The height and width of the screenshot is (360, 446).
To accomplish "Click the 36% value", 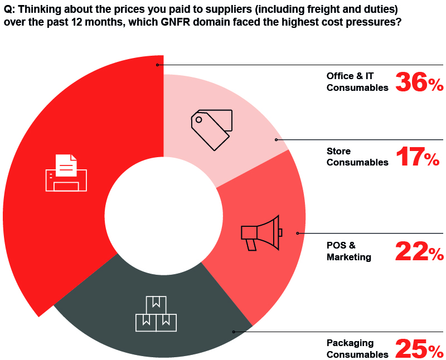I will [x=419, y=82].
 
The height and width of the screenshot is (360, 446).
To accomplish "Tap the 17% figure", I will [x=418, y=157].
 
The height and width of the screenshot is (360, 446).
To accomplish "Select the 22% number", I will [x=419, y=251].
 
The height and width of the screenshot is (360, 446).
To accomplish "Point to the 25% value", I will [x=419, y=348].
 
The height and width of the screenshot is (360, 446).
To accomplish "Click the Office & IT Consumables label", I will [x=357, y=81].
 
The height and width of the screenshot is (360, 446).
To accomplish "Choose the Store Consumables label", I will [x=357, y=157].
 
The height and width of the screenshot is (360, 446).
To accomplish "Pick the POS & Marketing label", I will [x=349, y=251].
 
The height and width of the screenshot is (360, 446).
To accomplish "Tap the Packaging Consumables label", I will [x=357, y=348].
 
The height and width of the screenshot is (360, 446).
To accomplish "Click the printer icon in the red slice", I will [x=66, y=173].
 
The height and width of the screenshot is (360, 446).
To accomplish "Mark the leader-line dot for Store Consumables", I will [x=276, y=139].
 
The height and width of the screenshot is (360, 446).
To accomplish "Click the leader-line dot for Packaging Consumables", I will [x=234, y=332].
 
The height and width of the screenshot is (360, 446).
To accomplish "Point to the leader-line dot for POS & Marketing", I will [x=297, y=233].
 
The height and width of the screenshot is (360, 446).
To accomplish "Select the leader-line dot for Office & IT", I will [x=158, y=65].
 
